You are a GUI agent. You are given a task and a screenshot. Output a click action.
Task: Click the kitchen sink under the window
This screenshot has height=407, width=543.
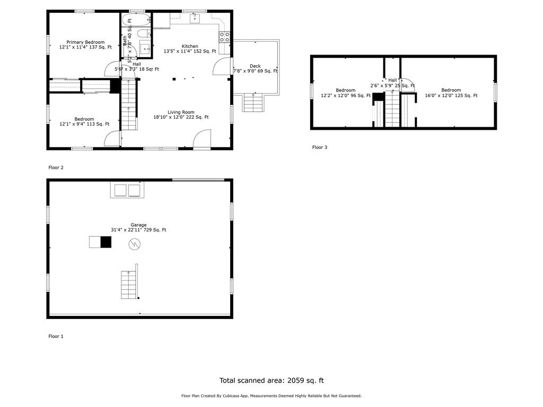195,19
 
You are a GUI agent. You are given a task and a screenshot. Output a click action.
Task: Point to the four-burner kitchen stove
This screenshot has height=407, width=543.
224,37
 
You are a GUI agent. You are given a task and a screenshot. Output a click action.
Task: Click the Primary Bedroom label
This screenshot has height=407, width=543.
85,42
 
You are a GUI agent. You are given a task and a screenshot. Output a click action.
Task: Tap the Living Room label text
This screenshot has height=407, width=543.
181,112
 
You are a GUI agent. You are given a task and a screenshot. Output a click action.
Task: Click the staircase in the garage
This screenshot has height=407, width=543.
129,285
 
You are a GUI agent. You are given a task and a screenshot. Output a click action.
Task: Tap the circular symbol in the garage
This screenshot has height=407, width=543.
135,244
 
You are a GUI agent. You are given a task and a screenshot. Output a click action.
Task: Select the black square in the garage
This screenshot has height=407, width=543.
106,242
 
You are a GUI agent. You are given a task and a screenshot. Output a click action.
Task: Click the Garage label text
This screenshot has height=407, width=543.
138,225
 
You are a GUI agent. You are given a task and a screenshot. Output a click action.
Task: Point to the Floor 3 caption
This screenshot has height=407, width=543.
320,147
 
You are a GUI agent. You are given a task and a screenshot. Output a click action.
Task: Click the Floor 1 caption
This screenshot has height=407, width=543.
56,336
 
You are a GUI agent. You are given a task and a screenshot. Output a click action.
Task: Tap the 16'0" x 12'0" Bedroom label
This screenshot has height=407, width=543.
451,90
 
